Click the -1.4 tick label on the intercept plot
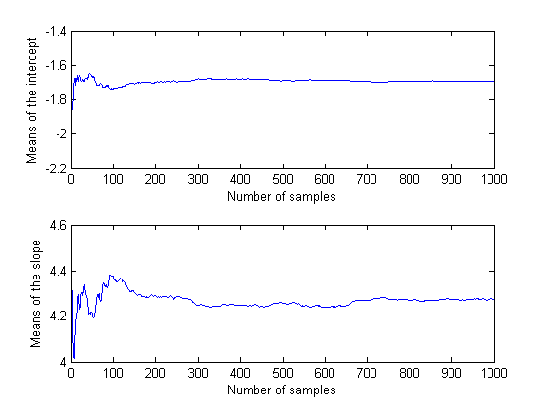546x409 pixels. point(56,32)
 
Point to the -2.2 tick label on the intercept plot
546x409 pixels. point(56,168)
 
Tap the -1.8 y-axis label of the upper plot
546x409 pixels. point(56,100)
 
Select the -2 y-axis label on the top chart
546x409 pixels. point(60,134)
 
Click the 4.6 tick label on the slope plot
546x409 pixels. point(58,226)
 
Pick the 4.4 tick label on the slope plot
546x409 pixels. point(58,271)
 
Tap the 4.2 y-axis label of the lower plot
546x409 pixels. point(58,316)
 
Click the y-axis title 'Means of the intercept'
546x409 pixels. point(31,100)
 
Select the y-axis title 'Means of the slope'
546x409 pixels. point(35,293)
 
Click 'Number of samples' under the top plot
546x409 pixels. point(282,197)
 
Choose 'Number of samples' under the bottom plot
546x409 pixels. point(282,390)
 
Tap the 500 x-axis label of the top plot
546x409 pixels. point(283,179)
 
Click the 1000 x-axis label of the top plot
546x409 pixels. point(493,179)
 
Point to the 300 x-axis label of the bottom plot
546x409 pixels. point(198,373)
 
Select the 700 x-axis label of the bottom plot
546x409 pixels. point(367,373)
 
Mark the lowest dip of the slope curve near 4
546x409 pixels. point(74,358)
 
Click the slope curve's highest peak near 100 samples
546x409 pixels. point(111,275)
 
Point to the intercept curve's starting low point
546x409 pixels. point(72,109)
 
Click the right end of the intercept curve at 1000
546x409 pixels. point(494,81)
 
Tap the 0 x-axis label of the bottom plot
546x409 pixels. point(71,373)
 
